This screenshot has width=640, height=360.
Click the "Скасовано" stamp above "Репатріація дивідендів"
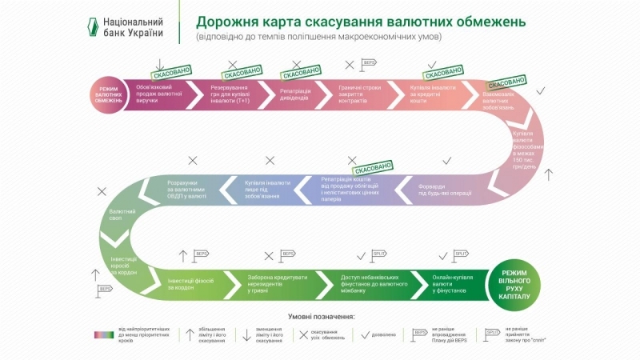point(301,73)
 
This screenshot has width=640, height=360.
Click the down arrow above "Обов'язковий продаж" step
point(160,65)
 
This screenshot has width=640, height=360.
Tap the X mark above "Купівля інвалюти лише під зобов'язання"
point(270,161)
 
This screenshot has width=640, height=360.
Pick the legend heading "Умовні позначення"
point(319,316)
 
